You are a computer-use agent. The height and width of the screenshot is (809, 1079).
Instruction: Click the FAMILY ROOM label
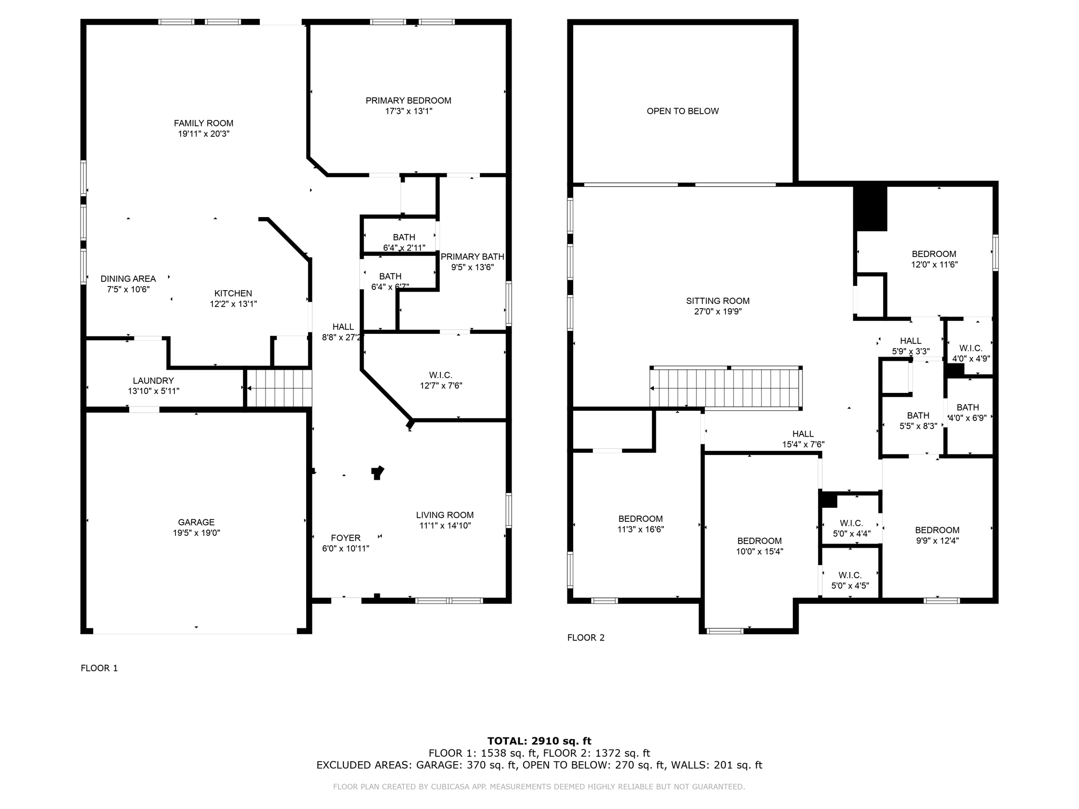click(203, 123)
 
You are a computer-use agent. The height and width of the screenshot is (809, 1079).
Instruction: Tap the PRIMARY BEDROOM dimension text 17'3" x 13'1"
click(408, 111)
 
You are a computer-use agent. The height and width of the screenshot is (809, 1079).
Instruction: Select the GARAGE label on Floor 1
click(196, 522)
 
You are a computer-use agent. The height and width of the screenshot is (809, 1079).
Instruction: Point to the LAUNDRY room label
click(153, 380)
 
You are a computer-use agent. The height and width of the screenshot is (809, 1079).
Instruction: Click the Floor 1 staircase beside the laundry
click(280, 388)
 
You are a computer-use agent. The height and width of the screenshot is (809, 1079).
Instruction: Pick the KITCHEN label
click(233, 293)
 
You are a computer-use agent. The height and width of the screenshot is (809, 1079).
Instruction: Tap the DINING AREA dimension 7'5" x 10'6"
click(128, 289)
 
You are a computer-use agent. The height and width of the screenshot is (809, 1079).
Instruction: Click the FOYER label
click(346, 538)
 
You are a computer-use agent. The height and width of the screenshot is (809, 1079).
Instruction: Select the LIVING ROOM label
click(445, 515)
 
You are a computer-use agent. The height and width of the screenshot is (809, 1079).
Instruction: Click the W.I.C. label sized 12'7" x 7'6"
click(440, 375)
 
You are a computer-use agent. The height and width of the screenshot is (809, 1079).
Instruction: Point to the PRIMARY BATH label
click(472, 256)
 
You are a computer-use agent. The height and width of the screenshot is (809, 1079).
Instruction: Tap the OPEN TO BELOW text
click(682, 111)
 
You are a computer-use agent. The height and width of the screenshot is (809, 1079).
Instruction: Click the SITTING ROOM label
click(718, 301)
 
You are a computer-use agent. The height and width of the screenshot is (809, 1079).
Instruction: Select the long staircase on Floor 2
click(726, 388)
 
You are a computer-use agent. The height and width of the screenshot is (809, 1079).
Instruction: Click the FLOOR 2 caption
click(585, 637)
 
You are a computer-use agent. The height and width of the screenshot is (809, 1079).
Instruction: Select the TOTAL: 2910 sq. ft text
click(539, 741)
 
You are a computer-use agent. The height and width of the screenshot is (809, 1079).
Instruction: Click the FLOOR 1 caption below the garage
click(99, 668)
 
